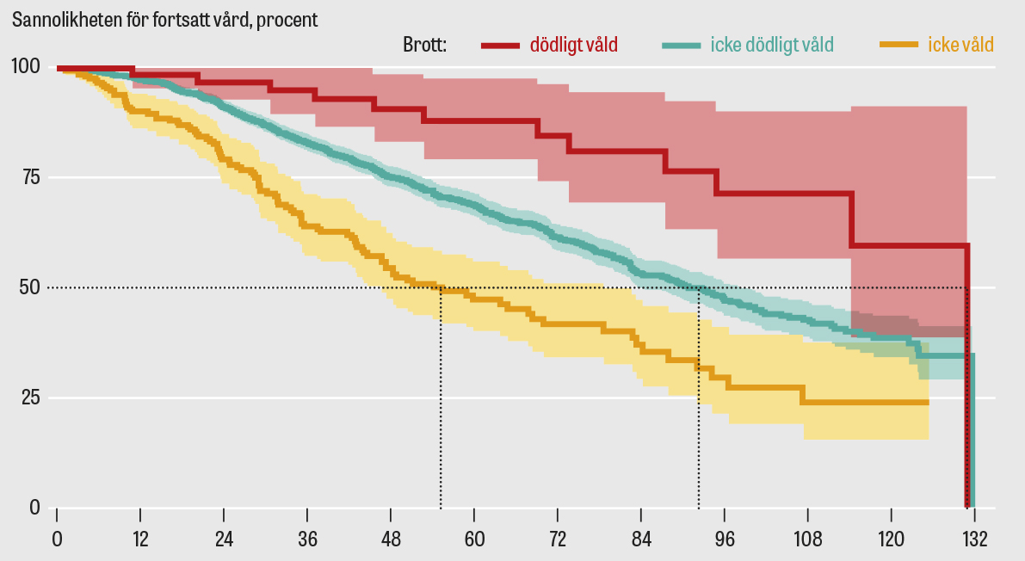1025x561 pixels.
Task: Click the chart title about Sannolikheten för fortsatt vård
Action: [164, 20]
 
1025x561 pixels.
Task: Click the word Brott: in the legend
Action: [424, 45]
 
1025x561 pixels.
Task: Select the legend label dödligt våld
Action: [573, 45]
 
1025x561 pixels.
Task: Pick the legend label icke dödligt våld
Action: [772, 45]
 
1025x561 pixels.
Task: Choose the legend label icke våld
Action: [960, 45]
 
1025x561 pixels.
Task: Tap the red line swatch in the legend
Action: [501, 45]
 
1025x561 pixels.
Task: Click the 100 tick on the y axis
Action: [25, 67]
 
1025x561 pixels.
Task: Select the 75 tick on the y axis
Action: [30, 177]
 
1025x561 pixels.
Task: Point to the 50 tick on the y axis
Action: [30, 287]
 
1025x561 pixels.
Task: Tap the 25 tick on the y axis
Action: [30, 398]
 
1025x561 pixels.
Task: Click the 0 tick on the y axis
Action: [34, 508]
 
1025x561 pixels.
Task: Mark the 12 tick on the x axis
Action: [140, 539]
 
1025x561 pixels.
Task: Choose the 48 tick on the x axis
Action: [391, 539]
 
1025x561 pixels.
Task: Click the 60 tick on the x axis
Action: [474, 539]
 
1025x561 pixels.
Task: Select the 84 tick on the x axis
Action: [641, 539]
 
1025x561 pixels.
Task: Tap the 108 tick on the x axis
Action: [808, 539]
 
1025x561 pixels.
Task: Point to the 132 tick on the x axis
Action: [975, 539]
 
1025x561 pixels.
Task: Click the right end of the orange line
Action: [928, 402]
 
